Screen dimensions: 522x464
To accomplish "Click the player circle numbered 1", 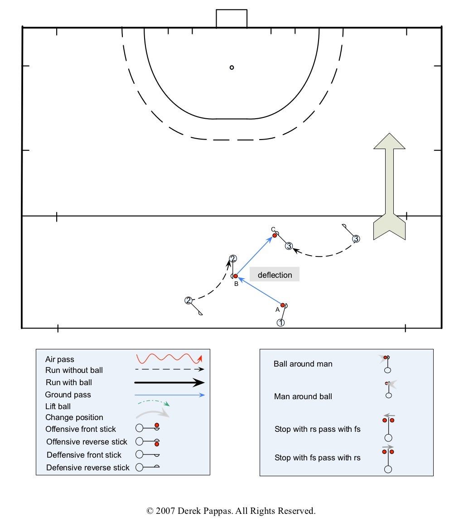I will [x=280, y=323].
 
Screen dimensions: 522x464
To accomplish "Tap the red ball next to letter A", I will [x=283, y=305].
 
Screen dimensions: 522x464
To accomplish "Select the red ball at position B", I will [x=235, y=276].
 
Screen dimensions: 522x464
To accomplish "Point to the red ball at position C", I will [x=275, y=236].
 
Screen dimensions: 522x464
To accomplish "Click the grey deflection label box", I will [x=275, y=275].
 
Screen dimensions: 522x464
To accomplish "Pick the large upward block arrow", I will [x=389, y=186].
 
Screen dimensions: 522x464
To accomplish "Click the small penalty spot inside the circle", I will [x=232, y=68].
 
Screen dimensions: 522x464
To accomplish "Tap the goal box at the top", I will [x=232, y=19].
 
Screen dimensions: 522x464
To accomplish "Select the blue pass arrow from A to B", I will [x=260, y=291].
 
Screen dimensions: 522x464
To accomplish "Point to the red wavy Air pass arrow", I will [x=169, y=358].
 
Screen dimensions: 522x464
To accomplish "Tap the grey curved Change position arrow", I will [x=152, y=413].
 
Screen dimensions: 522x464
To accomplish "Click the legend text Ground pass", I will [x=68, y=395].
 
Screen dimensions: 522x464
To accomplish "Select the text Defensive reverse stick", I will [x=88, y=467].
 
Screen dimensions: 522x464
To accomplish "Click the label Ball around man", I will [x=303, y=364].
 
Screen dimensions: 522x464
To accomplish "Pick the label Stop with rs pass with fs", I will [x=317, y=429].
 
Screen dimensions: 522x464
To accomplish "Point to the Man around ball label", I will [x=303, y=396].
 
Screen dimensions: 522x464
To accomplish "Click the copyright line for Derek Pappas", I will [x=231, y=511].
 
